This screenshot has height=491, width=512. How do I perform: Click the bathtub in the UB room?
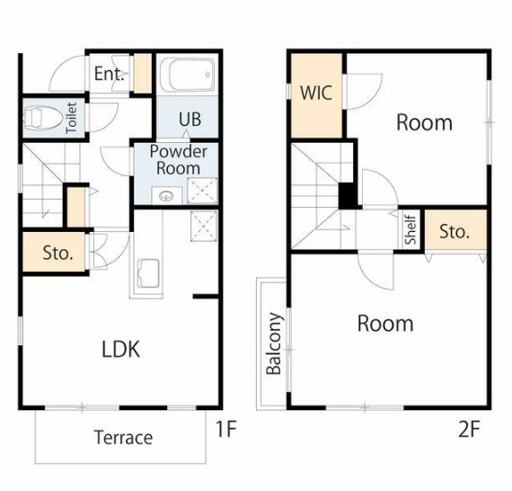188,75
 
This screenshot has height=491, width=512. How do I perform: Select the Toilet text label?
72,118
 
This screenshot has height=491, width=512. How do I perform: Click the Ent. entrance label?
110,74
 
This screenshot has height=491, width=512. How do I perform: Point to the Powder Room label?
178,160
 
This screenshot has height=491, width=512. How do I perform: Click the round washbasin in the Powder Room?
166,196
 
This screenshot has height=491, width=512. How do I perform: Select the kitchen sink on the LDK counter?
148,273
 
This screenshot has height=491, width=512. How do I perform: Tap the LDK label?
121,349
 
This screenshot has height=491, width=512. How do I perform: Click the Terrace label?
123,437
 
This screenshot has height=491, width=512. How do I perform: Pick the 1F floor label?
226,429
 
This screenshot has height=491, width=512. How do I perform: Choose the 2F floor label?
469,429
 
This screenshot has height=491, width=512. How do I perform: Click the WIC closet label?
316,93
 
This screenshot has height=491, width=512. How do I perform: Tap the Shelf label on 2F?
410,229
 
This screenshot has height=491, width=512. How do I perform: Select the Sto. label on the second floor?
455,231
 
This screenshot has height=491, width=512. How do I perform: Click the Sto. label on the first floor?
57,253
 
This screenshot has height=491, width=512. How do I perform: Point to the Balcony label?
274,344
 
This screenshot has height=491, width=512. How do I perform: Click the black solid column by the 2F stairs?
348,195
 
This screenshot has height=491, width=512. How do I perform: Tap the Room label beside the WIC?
425,123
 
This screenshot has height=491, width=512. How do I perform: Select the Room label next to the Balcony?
385,324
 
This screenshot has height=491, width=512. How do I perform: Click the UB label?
190,120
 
